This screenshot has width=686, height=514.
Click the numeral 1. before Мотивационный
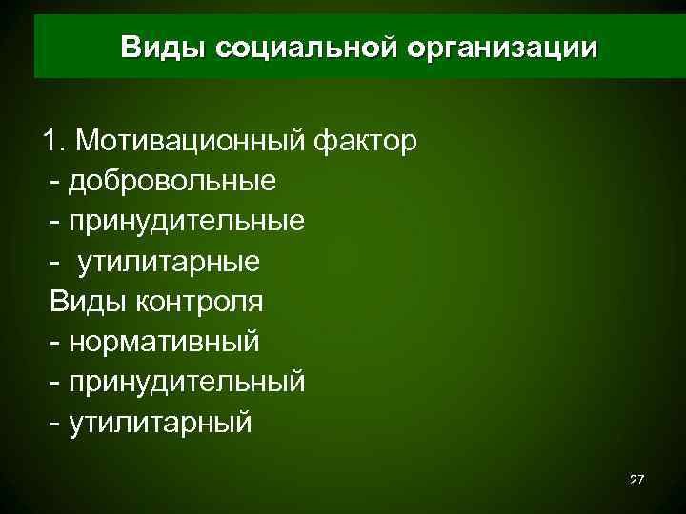(x=54, y=141)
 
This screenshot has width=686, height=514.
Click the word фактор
(x=362, y=141)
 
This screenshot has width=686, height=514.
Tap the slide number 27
(x=637, y=482)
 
